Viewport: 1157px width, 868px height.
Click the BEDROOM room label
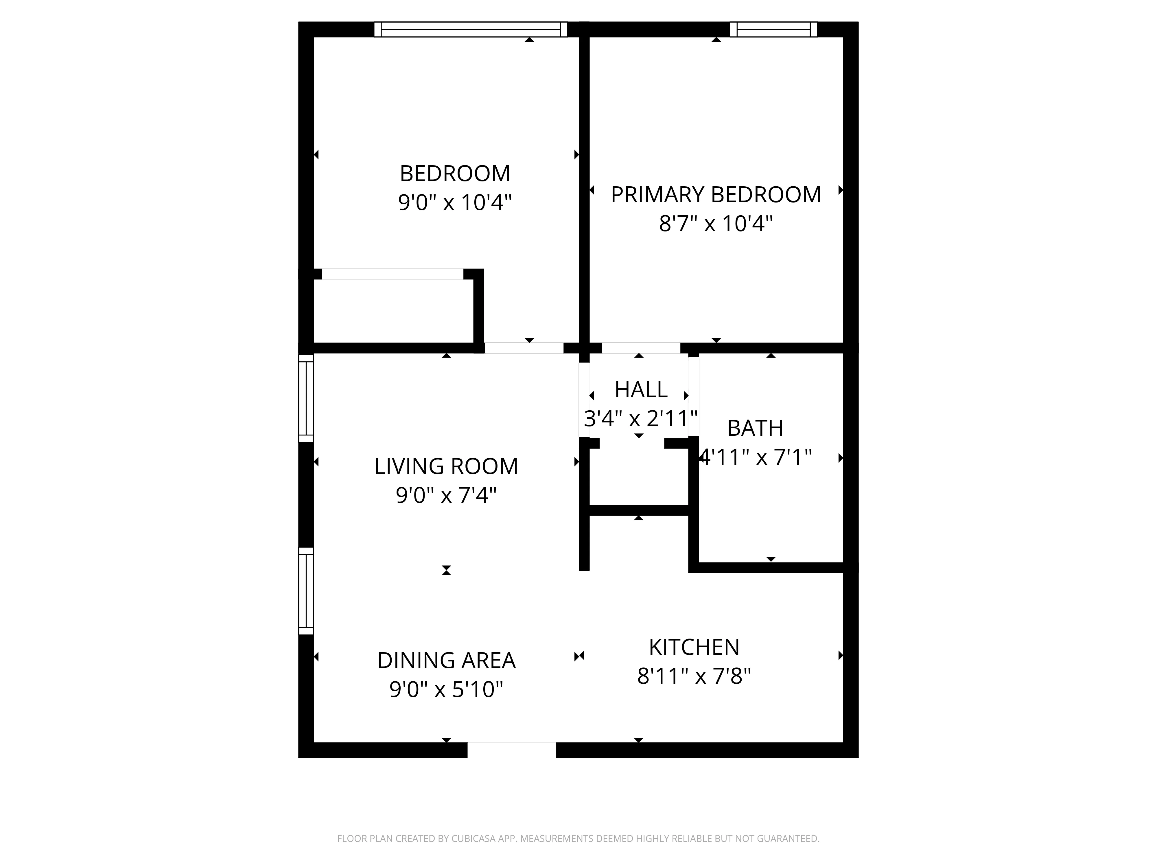454,174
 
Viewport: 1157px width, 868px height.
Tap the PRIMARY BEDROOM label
716,195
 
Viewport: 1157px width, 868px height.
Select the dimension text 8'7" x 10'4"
716,224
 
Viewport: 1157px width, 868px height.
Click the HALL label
641,390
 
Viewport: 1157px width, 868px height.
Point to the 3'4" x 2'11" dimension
641,419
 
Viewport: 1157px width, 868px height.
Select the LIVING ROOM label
446,466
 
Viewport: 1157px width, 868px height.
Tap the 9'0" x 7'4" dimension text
446,495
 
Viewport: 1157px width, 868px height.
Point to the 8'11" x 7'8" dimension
694,676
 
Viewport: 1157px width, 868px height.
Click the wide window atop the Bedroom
471,29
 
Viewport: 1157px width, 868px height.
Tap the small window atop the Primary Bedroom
773,29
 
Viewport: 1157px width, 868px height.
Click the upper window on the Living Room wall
306,398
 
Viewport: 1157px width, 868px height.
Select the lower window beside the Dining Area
306,591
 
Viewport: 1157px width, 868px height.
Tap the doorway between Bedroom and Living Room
524,348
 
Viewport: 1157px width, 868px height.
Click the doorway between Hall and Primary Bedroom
641,348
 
